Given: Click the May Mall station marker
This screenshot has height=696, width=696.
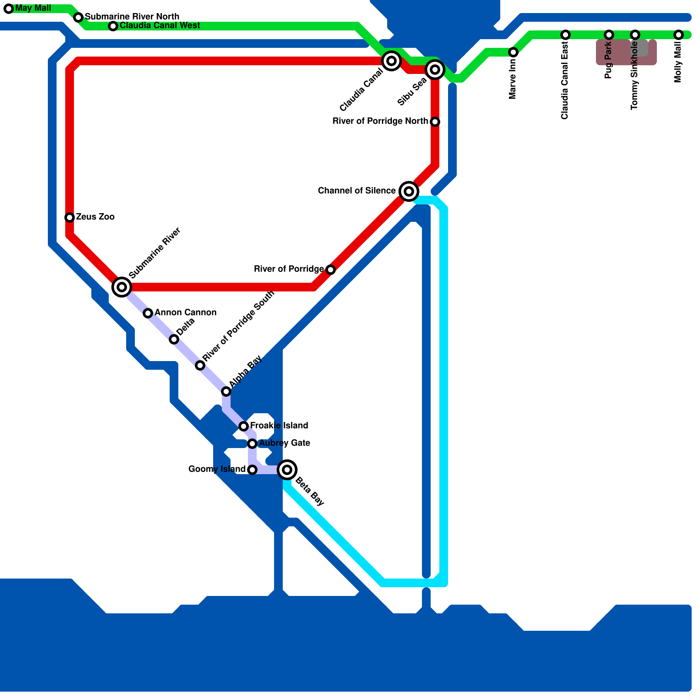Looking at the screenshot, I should [x=9, y=9].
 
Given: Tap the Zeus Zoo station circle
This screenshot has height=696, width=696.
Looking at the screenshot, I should [x=70, y=217].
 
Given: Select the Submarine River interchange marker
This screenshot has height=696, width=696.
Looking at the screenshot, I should [x=122, y=287].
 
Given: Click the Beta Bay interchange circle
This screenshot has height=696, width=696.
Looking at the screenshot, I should [x=287, y=470].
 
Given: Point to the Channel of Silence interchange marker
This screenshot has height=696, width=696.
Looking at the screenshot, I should [x=409, y=191].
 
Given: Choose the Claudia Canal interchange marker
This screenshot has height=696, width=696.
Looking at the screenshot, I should [x=391, y=61].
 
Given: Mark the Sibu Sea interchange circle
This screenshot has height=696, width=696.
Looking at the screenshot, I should [x=435, y=70].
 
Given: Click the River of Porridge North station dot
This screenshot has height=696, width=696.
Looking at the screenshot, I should [x=435, y=122].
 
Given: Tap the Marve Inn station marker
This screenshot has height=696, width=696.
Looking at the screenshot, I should [x=513, y=52].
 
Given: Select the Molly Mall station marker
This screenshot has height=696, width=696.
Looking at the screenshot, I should [x=679, y=35].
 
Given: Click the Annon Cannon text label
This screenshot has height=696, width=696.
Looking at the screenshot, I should [x=185, y=313].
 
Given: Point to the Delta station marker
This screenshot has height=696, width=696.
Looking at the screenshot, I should [x=174, y=339].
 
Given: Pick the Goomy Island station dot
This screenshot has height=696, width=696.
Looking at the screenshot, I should [x=252, y=470].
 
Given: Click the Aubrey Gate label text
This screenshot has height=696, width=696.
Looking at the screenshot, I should [x=284, y=443].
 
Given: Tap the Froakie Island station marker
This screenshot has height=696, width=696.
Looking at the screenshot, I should [x=244, y=426].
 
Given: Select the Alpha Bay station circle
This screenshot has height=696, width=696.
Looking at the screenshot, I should [x=226, y=391].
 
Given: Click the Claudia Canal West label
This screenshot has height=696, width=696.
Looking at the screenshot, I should [x=160, y=26].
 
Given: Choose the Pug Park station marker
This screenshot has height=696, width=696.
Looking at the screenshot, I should [x=609, y=35].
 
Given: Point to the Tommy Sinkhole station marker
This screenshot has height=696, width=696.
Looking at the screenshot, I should [x=635, y=35].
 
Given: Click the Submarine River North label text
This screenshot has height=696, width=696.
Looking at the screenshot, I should [x=132, y=17].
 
